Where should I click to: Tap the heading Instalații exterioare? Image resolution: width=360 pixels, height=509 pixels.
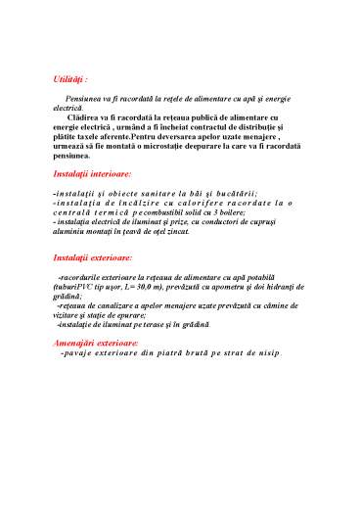[x=93, y=258]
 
